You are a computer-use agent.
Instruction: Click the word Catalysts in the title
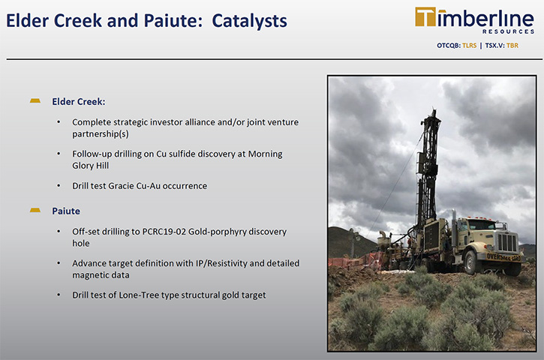click(x=249, y=21)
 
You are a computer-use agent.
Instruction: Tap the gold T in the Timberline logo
click(x=425, y=17)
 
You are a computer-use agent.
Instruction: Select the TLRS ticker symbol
click(x=470, y=46)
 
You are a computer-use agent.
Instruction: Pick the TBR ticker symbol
click(x=512, y=46)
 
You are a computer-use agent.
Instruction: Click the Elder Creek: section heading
click(x=78, y=101)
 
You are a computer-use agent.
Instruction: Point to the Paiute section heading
click(x=66, y=211)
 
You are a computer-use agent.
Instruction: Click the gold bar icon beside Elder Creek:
click(x=35, y=101)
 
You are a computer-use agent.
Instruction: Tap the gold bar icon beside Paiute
click(x=35, y=210)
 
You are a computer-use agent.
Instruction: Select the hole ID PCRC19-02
click(x=164, y=231)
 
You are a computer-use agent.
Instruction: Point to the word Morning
click(x=265, y=154)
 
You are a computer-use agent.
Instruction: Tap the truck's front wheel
click(x=470, y=262)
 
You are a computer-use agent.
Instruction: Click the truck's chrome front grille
click(x=507, y=242)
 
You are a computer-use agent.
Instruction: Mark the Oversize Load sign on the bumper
click(x=503, y=257)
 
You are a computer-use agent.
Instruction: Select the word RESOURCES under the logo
click(x=508, y=31)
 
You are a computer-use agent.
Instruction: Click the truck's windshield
click(x=480, y=225)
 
